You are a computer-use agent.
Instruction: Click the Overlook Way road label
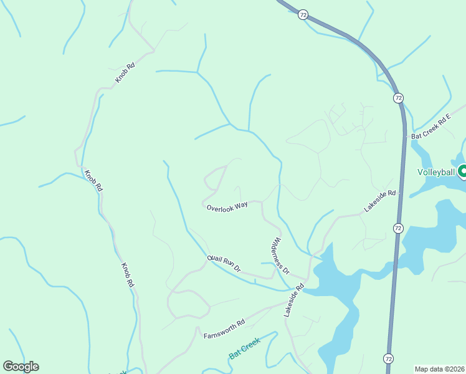pyautogui.click(x=227, y=206)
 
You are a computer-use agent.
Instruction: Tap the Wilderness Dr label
pyautogui.click(x=281, y=256)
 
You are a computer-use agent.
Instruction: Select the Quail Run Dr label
pyautogui.click(x=224, y=264)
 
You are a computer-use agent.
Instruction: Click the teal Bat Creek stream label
pyautogui.click(x=244, y=348)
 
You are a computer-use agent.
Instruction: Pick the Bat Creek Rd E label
pyautogui.click(x=430, y=127)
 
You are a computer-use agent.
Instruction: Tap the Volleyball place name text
pyautogui.click(x=436, y=171)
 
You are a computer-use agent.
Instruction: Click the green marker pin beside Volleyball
pyautogui.click(x=462, y=171)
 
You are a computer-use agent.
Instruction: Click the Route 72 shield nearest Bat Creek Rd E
pyautogui.click(x=397, y=98)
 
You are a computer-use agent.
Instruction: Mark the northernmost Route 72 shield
pyautogui.click(x=302, y=14)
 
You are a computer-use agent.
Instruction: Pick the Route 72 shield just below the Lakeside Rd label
pyautogui.click(x=397, y=228)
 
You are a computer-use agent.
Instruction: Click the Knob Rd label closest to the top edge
pyautogui.click(x=125, y=74)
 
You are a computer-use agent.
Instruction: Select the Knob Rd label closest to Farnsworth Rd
pyautogui.click(x=126, y=274)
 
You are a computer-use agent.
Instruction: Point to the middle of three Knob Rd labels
pyautogui.click(x=93, y=181)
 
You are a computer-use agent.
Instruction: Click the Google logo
pyautogui.click(x=21, y=367)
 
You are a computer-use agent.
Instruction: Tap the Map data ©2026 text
pyautogui.click(x=439, y=368)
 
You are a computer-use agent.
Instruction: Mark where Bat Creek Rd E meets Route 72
pyautogui.click(x=405, y=138)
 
